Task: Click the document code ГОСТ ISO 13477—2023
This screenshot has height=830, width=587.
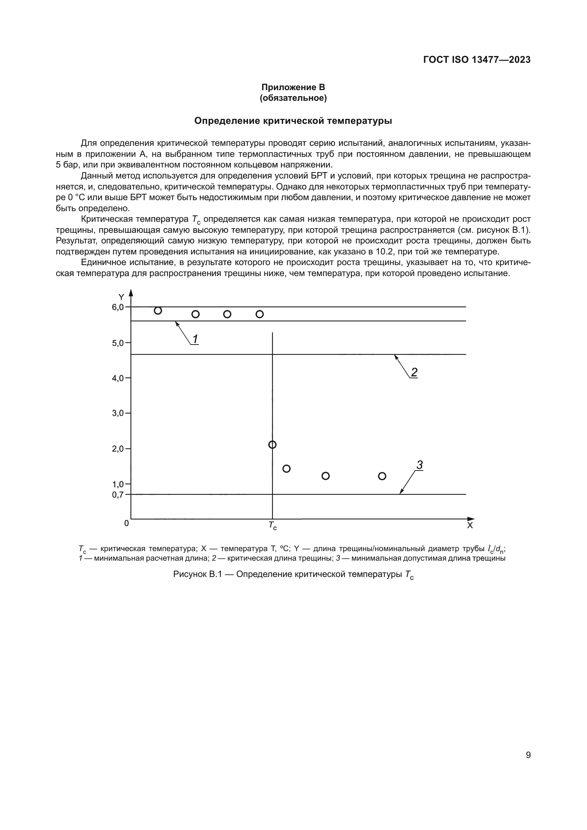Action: click(477, 60)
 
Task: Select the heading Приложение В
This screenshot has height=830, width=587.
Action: click(293, 87)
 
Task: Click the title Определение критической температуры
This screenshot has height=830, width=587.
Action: click(293, 121)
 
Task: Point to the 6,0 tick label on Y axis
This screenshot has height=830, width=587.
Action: click(118, 307)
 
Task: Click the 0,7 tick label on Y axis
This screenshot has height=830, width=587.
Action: click(118, 495)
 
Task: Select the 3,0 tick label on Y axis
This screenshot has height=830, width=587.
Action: click(118, 413)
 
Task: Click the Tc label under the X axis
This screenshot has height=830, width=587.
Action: click(273, 526)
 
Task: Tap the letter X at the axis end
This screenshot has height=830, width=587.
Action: click(470, 526)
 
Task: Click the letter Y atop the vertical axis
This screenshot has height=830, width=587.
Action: click(121, 297)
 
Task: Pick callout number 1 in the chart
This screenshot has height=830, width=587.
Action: click(195, 339)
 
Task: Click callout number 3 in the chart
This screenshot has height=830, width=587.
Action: click(419, 465)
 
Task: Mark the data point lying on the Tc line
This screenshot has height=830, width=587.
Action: click(273, 445)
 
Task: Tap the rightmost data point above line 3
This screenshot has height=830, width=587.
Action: click(382, 476)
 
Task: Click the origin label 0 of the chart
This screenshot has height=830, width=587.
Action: click(126, 523)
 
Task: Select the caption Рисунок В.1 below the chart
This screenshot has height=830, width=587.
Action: click(293, 574)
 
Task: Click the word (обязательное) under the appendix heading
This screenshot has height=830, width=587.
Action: click(293, 98)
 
